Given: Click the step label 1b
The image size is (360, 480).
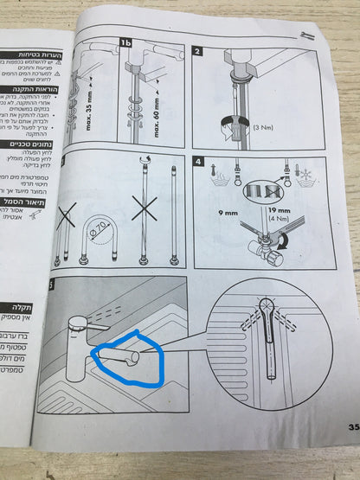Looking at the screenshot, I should tap(126, 42).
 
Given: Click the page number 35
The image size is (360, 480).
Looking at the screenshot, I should tap(353, 426).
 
